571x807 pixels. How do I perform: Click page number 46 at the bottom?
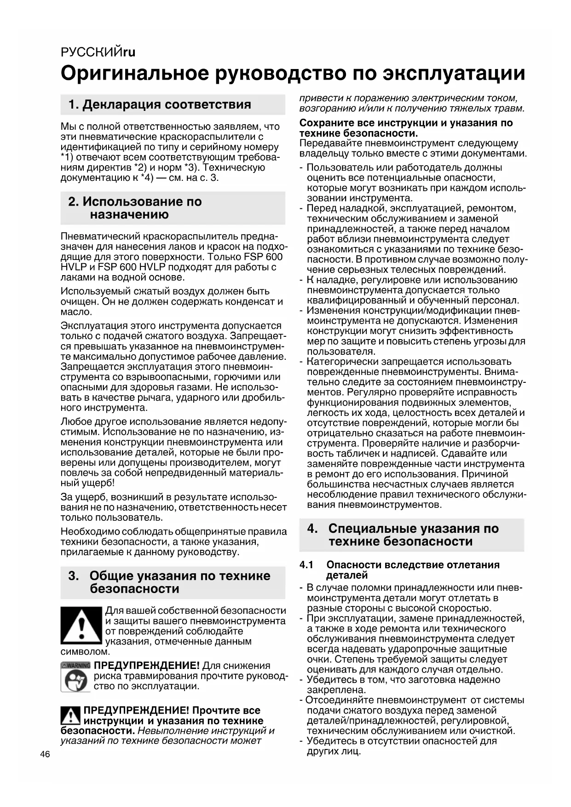coord(45,754)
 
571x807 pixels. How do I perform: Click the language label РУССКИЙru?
coord(98,52)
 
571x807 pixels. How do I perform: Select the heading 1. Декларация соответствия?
coord(160,104)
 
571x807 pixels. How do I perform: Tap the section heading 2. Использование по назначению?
coord(135,208)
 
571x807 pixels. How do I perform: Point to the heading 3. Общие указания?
coord(169,582)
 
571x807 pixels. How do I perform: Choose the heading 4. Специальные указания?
coord(403,535)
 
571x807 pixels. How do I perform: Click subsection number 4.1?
coord(306,565)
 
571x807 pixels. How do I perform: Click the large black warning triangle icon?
coord(81,625)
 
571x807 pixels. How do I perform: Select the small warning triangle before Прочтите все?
coord(70,715)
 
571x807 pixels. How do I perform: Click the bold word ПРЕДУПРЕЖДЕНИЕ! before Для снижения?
coord(147,665)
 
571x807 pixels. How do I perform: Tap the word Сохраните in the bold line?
coord(323,123)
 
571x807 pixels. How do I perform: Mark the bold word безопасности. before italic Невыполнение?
coord(98,731)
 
